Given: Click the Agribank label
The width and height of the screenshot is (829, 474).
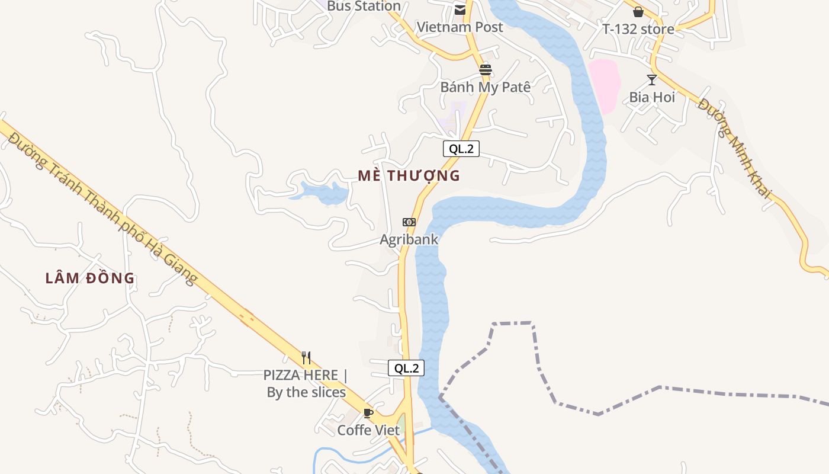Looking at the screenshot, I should [409, 239].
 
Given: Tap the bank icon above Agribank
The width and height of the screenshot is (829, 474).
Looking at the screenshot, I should [409, 222].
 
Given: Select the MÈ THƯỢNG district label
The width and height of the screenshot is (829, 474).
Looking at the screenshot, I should [409, 175].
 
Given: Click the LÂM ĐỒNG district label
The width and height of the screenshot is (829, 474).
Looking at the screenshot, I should [90, 278].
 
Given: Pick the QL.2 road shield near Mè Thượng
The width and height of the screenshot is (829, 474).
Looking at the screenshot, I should [461, 149].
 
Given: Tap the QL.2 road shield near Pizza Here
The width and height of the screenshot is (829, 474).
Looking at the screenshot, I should [406, 368].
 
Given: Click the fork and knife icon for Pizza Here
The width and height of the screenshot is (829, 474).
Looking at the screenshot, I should [306, 357].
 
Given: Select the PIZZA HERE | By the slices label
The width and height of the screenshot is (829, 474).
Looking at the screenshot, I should [306, 383].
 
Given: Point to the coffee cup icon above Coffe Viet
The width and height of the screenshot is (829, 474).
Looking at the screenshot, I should [368, 413].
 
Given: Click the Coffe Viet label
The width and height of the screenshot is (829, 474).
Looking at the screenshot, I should [368, 430].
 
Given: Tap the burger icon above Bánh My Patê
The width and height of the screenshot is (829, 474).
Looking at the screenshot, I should [486, 70].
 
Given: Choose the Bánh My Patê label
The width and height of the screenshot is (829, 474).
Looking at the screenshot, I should [485, 87].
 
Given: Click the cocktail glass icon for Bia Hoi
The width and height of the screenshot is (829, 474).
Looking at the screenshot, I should [652, 79].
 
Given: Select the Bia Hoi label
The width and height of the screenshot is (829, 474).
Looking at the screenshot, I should [652, 97].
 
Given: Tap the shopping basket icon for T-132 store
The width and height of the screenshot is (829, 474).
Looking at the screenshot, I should [638, 12].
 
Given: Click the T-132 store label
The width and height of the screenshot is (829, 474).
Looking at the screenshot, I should [638, 29].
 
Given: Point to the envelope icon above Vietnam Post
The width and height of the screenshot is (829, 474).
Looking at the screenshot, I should [460, 10].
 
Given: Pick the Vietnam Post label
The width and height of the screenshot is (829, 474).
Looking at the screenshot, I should [460, 27].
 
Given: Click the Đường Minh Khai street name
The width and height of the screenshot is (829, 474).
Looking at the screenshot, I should [734, 148].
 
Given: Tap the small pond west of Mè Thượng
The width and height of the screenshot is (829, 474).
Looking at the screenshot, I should [323, 193].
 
